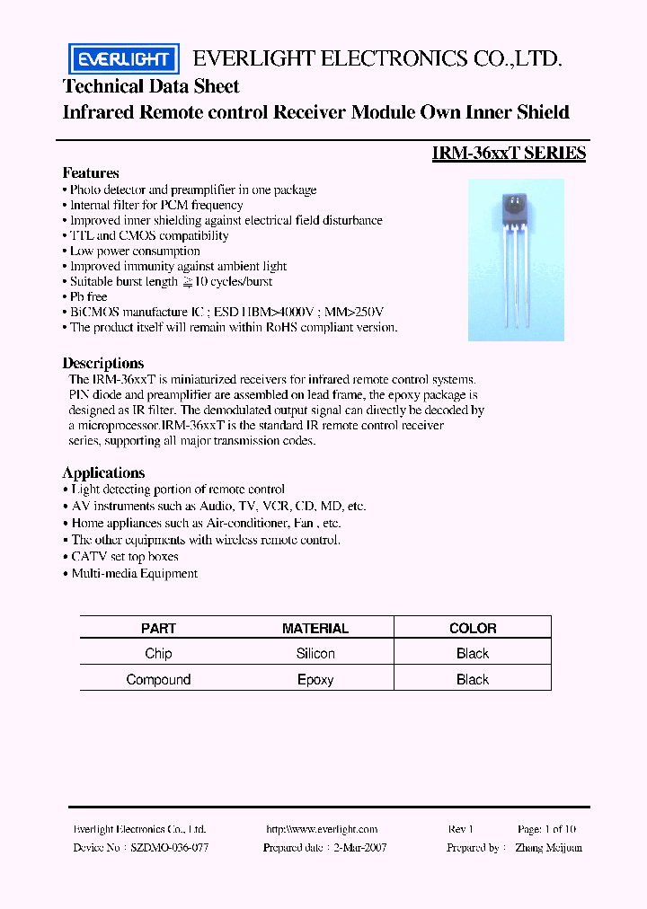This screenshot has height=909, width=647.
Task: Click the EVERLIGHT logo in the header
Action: coord(124,59)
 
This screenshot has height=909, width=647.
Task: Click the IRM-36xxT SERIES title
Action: coord(509,154)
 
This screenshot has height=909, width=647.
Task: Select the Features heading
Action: coord(91,172)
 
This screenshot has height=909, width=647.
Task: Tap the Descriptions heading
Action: coord(103,364)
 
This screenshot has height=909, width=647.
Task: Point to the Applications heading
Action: coord(103,473)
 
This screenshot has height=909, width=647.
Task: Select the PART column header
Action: coord(158,629)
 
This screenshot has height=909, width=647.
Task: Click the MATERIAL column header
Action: coord(315,629)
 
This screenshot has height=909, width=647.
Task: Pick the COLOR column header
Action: coord(473,629)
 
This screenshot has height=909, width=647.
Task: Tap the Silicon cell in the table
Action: coord(315,654)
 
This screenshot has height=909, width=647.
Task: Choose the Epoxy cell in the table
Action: coord(315,680)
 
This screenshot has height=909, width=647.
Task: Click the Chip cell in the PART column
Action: coord(158,654)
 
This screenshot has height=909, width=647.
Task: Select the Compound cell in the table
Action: coord(158,680)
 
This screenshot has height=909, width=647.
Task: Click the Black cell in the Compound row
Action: coord(473,680)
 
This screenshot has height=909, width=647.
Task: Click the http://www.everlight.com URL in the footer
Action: coord(322,830)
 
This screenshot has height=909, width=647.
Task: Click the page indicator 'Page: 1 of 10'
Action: coord(547,830)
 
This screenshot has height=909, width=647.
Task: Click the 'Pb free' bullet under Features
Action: coord(88,296)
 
